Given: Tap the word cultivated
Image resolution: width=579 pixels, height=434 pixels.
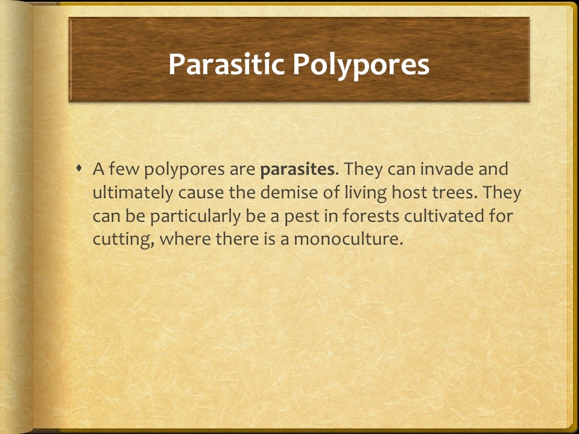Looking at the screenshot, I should (450, 215).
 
